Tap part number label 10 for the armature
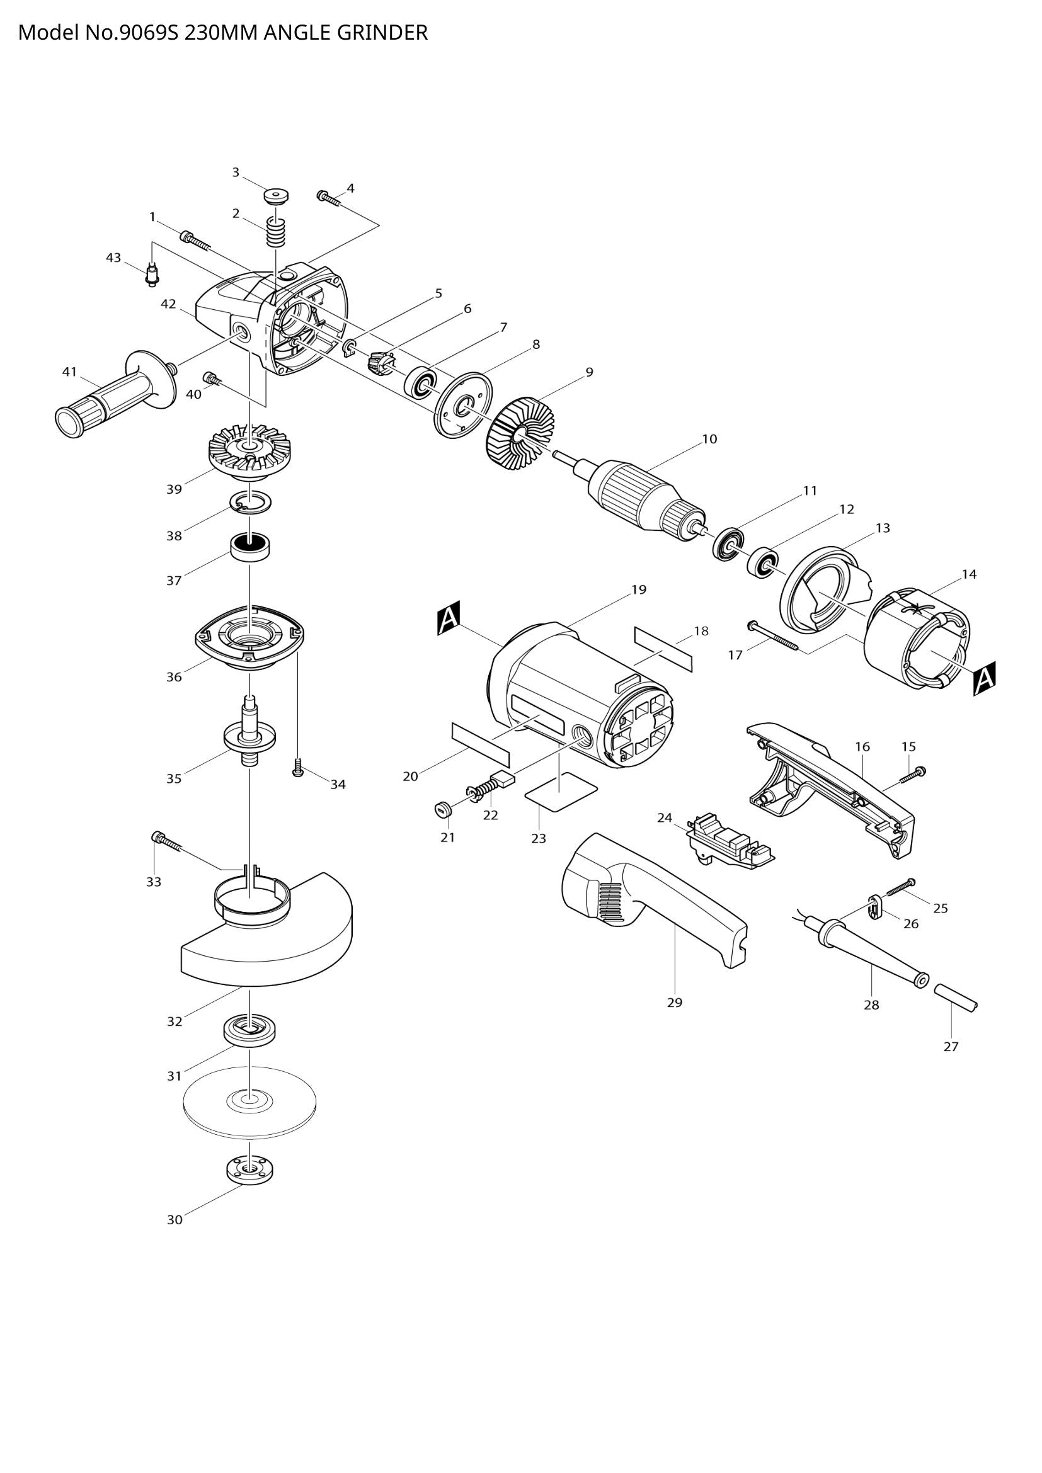coord(709,440)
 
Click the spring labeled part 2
coord(275,232)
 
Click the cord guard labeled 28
coord(869,951)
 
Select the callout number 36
coord(174,677)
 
